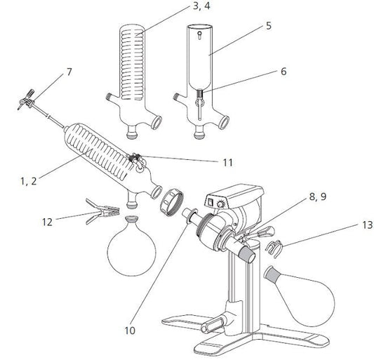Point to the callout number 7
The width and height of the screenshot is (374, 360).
coord(69,72)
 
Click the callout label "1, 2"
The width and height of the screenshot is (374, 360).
coord(28,182)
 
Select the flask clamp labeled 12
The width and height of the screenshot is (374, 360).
coord(99,209)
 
